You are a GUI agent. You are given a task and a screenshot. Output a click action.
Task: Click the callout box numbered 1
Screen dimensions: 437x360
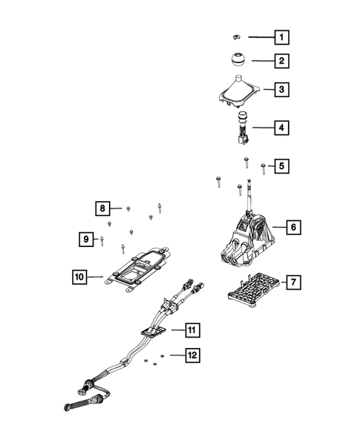281,36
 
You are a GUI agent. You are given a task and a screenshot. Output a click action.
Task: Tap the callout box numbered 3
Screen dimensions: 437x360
281,91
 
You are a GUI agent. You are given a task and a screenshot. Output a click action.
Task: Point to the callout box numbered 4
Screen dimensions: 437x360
281,128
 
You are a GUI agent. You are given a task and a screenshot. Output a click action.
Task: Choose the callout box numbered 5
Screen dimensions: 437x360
281,166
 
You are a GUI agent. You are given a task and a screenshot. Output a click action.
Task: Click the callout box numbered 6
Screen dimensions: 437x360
293,226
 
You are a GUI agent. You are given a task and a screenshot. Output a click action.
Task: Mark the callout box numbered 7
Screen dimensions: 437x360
293,282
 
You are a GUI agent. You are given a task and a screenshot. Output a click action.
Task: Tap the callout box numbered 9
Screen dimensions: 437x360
86,238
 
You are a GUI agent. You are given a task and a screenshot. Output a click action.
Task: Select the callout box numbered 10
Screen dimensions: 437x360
79,277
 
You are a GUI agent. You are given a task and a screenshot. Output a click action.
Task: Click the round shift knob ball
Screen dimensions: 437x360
236,60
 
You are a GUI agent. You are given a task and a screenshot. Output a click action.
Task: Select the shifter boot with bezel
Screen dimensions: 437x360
238,93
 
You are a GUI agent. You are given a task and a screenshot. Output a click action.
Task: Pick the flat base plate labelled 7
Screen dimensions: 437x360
252,286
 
